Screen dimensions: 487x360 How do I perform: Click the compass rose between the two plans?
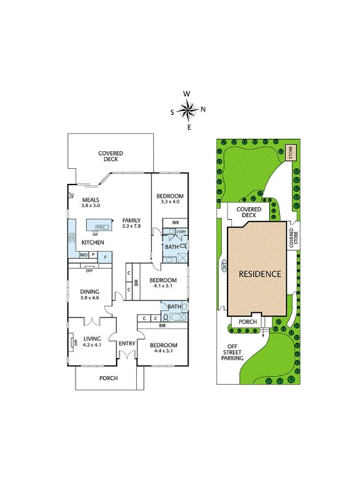188,110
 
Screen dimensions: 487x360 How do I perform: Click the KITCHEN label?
92,243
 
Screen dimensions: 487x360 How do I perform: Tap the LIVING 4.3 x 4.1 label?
91,340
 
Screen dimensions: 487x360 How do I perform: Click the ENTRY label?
127,343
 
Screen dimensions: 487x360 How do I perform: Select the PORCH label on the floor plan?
108,378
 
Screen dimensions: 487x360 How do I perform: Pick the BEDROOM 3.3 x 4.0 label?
170,199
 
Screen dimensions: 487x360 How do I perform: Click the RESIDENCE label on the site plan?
260,274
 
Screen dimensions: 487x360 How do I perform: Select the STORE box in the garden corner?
291,153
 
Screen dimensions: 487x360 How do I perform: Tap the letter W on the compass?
188,93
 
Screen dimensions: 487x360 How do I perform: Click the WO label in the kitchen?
83,255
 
